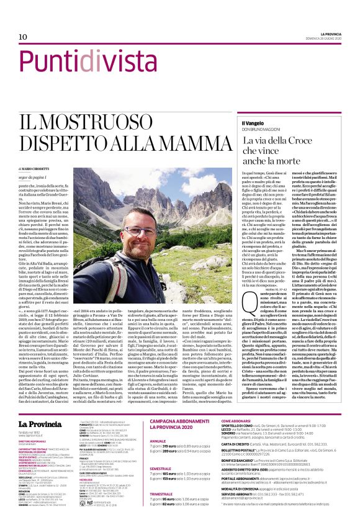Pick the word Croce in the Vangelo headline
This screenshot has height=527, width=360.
302,143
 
